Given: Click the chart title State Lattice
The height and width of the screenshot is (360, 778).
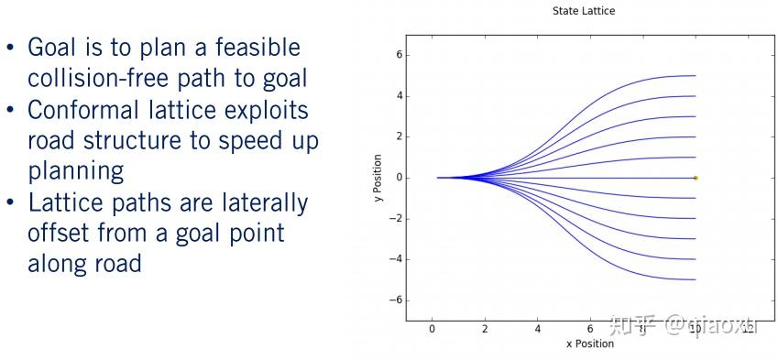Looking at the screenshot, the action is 584,10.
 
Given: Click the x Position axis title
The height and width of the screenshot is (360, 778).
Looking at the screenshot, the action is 589,344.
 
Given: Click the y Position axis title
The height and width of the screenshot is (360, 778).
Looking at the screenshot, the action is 378,178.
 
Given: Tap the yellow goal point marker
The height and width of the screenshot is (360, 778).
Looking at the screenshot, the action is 696,178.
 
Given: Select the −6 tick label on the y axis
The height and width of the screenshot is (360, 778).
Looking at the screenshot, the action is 396,300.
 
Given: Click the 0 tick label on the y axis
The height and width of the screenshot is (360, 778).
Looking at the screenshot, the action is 398,178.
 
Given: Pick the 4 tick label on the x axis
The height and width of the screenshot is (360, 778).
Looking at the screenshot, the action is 538,329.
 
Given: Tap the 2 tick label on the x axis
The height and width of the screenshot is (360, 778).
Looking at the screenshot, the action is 485,329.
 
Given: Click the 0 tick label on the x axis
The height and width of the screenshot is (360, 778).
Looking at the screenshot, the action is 433,329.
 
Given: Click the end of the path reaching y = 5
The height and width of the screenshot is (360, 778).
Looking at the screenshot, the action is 696,76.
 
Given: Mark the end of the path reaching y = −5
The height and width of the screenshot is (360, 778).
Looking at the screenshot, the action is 696,279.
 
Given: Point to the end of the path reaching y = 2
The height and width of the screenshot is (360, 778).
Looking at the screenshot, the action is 696,136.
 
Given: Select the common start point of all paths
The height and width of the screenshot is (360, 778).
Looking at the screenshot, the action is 438,178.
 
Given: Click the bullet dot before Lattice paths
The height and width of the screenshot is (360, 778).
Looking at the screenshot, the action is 10,203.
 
